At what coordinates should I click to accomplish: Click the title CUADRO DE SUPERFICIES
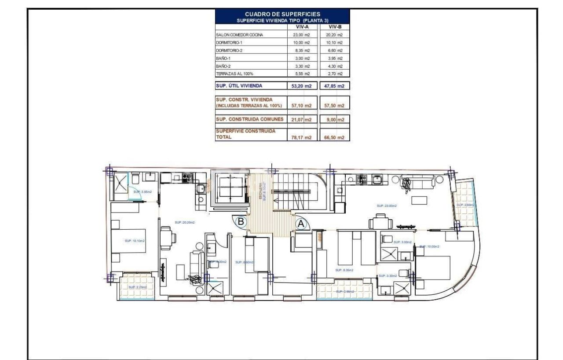[282, 14]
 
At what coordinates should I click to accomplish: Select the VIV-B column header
[335, 27]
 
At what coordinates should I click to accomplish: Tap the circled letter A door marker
[301, 224]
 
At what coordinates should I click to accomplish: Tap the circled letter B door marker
[241, 222]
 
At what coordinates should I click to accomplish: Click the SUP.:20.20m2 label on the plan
[185, 223]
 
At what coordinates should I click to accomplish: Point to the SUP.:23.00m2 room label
[387, 206]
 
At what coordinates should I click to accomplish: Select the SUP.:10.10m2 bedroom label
[135, 241]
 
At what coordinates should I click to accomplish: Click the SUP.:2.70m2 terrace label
[138, 287]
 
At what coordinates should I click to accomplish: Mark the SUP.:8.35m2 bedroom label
[345, 270]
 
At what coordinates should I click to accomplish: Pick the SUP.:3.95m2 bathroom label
[142, 191]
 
